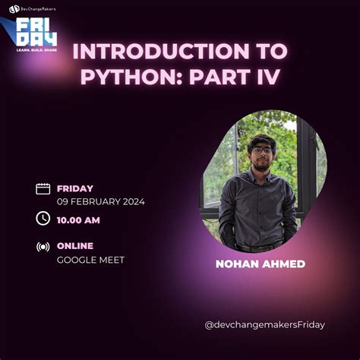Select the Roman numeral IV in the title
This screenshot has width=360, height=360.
[x=270, y=78]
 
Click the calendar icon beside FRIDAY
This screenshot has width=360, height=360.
[x=43, y=189]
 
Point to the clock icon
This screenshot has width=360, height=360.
[x=43, y=219]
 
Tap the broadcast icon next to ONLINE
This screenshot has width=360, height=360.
[x=43, y=247]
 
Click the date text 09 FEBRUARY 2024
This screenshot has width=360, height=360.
[x=100, y=202]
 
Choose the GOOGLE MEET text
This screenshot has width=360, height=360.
[x=90, y=260]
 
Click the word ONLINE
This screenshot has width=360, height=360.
[x=75, y=246]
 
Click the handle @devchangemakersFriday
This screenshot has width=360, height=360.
[x=264, y=325]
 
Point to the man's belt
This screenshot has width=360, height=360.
[x=257, y=247]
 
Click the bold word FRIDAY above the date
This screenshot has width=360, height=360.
[x=75, y=188]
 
